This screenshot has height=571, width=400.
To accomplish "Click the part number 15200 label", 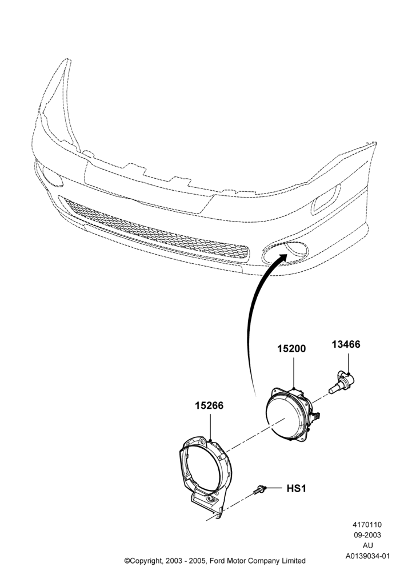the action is click(x=291, y=348).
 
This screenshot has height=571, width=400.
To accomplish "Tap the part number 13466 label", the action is click(x=346, y=344).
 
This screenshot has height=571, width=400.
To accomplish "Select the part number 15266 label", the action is click(x=209, y=405).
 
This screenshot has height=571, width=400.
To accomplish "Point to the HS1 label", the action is click(x=296, y=488).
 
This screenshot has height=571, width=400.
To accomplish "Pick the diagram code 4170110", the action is click(x=367, y=525).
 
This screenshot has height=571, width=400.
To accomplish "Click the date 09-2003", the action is click(x=367, y=536).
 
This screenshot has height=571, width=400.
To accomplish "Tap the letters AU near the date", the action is click(x=367, y=545).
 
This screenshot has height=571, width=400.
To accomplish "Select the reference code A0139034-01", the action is click(x=367, y=556).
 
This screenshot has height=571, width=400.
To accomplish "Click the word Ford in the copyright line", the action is click(x=218, y=561).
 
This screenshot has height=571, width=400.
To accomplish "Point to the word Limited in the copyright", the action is click(x=293, y=561).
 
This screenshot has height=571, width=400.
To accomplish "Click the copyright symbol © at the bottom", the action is click(x=127, y=561).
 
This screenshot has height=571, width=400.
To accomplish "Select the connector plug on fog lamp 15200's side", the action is click(x=315, y=416).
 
